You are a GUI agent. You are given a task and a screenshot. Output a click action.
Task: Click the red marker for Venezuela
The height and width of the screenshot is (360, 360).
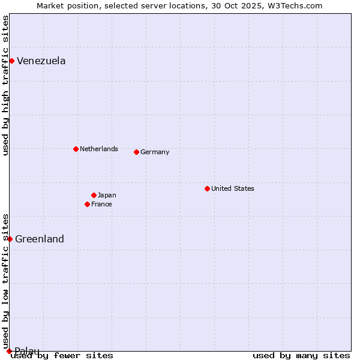click(x=11, y=61)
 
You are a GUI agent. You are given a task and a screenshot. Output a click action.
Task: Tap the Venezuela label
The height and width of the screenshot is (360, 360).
click(x=41, y=61)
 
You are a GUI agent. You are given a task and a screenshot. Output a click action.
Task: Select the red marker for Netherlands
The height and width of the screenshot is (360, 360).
click(x=76, y=149)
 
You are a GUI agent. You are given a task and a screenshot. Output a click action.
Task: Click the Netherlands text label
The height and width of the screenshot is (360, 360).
click(x=98, y=149)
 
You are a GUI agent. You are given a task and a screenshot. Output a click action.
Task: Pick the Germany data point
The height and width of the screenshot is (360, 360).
click(x=136, y=152)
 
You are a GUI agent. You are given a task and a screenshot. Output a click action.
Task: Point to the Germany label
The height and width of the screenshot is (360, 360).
click(x=155, y=152)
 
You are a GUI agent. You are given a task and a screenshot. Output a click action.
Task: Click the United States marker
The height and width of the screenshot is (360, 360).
click(x=207, y=188)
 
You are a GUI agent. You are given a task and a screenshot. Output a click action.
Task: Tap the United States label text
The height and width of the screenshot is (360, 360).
click(x=232, y=188)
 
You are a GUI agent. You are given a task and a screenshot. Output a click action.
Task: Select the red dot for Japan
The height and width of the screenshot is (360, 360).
click(x=94, y=195)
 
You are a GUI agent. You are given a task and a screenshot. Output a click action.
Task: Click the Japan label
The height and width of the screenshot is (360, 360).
click(x=107, y=195)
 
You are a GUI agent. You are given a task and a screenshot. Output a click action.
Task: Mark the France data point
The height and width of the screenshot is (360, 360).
click(x=87, y=204)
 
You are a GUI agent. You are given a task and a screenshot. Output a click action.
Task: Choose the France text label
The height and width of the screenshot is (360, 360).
click(x=101, y=204)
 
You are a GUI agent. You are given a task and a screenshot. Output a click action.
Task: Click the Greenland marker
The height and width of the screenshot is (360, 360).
click(x=10, y=239)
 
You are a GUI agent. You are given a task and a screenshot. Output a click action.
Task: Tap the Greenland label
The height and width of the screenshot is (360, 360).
click(x=40, y=239)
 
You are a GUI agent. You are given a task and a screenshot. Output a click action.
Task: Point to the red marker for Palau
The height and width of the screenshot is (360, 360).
click(x=9, y=351)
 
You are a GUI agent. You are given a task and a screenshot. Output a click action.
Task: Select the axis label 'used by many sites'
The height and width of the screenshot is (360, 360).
click(x=301, y=356)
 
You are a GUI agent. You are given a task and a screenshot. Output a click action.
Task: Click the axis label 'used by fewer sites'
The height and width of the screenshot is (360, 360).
click(x=62, y=356)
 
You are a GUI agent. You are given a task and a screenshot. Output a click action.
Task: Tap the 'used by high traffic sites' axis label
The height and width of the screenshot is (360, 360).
click(x=5, y=85)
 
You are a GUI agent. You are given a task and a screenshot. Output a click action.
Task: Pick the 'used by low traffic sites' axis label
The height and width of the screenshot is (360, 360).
click(x=5, y=281)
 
